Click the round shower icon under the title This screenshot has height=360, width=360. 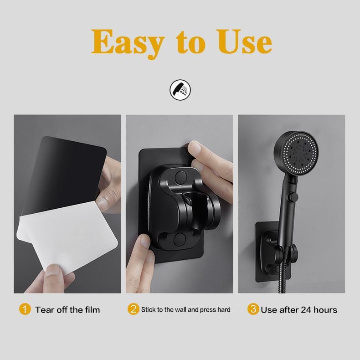(180, 90)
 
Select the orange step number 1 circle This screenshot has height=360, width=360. (25, 309)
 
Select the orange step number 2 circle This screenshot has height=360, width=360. (134, 309)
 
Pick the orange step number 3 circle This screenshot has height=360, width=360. (253, 309)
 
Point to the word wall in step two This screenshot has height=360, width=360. (181, 309)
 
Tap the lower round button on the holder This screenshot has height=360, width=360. (180, 239)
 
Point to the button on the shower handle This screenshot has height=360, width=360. (293, 197)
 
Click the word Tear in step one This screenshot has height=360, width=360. (45, 310)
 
